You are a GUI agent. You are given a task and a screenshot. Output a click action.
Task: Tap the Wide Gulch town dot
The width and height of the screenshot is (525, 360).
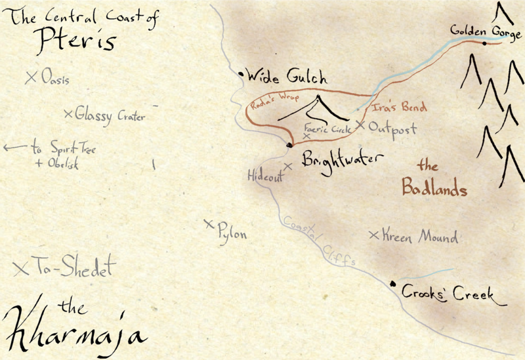click(x=241, y=75)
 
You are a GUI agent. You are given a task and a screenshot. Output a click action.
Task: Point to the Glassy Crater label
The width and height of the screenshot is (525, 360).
click(x=109, y=116)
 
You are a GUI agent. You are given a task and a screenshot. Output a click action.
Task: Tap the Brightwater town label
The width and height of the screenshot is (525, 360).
click(x=341, y=161)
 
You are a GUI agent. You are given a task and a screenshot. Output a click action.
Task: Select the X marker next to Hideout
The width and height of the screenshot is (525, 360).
click(x=287, y=166)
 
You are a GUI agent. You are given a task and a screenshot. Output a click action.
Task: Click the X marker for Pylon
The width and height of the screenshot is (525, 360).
click(x=209, y=225)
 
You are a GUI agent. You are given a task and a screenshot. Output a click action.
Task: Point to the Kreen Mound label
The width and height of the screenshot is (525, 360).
click(x=419, y=237)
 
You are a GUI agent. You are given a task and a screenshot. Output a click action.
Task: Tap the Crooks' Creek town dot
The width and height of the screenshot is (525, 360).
click(x=392, y=284)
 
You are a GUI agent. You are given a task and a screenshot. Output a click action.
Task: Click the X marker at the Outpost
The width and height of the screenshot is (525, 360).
click(x=360, y=124)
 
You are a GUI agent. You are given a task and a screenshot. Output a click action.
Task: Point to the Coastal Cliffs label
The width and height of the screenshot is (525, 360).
click(x=320, y=243)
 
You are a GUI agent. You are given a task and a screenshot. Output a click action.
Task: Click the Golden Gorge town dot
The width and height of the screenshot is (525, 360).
click(x=484, y=43)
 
